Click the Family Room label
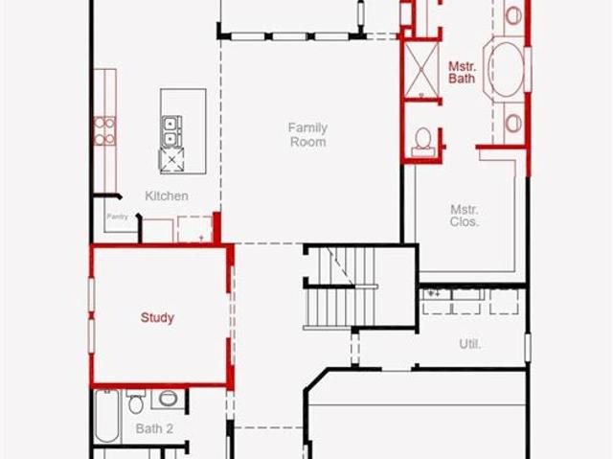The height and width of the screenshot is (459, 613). pyautogui.click(x=307, y=134)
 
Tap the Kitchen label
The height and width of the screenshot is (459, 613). pyautogui.click(x=167, y=195)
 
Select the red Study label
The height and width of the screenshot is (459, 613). pyautogui.click(x=157, y=317)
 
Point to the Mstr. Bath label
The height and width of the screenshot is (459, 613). pyautogui.click(x=462, y=72)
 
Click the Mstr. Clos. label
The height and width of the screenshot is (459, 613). pyautogui.click(x=464, y=216)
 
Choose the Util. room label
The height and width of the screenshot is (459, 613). pyautogui.click(x=470, y=344)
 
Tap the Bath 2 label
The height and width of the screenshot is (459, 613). pyautogui.click(x=154, y=428)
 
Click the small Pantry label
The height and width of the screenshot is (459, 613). pyautogui.click(x=117, y=217)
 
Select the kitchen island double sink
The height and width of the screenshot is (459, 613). pyautogui.click(x=171, y=131)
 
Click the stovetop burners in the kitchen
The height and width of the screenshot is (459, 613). pyautogui.click(x=104, y=131)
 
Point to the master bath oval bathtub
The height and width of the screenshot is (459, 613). pyautogui.click(x=506, y=70)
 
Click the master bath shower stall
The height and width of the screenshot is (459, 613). pyautogui.click(x=421, y=70)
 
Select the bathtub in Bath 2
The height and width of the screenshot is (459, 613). pyautogui.click(x=106, y=416)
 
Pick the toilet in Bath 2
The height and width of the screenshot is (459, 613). pyautogui.click(x=136, y=402)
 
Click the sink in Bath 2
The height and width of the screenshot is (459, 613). pyautogui.click(x=169, y=399)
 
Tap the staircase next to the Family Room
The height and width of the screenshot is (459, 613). pyautogui.click(x=340, y=287)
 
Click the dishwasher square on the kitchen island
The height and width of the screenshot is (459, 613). pyautogui.click(x=171, y=160)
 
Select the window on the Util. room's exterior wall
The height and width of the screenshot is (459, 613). pyautogui.click(x=528, y=348)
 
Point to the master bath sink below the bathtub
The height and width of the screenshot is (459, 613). pyautogui.click(x=513, y=124)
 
